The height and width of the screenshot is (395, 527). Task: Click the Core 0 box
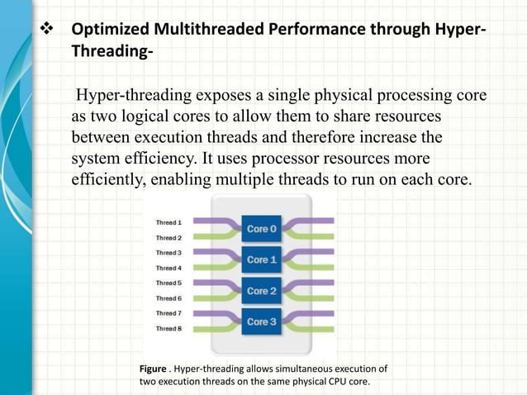coord(258,228)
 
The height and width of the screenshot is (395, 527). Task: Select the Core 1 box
coord(258,259)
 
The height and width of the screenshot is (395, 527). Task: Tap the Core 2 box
coord(258,290)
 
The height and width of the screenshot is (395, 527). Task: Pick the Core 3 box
coord(258,321)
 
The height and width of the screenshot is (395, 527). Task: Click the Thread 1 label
coord(169,222)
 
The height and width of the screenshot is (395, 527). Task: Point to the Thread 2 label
coord(169,237)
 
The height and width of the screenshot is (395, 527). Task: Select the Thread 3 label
coord(169,253)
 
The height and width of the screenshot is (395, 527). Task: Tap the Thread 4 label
coord(169,268)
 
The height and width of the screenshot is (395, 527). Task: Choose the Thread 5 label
coord(169,283)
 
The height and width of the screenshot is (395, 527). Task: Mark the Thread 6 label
coord(169,298)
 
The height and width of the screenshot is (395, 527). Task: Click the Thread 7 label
coord(169,313)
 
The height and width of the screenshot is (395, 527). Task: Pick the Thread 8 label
coord(169,329)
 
